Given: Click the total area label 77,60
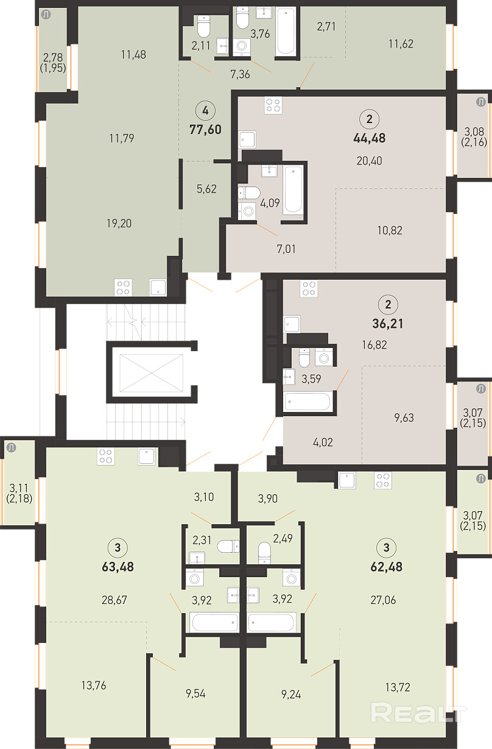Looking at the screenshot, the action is (205, 129).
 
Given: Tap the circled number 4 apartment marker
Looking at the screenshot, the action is (205, 111).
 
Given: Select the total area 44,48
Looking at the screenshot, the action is (370, 138).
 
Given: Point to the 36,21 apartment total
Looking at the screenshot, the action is (388, 324).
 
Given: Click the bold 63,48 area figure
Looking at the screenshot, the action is (118, 567).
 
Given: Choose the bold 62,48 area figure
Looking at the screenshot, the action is (387, 567).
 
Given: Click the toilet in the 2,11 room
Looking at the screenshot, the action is (203, 26).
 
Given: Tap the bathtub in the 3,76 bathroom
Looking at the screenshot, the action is (286, 31).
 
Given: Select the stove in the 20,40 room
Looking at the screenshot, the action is (273, 105).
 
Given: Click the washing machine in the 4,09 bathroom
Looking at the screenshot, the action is (247, 211).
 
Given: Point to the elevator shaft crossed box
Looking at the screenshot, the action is (151, 373).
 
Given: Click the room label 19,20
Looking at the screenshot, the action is (119, 224).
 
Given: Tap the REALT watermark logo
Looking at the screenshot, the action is (418, 713).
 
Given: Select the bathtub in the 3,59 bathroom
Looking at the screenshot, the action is (307, 401).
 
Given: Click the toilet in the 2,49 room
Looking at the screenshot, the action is (264, 553).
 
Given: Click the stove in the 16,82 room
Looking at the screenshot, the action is (309, 288).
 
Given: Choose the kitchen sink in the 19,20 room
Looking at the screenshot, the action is (158, 288).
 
